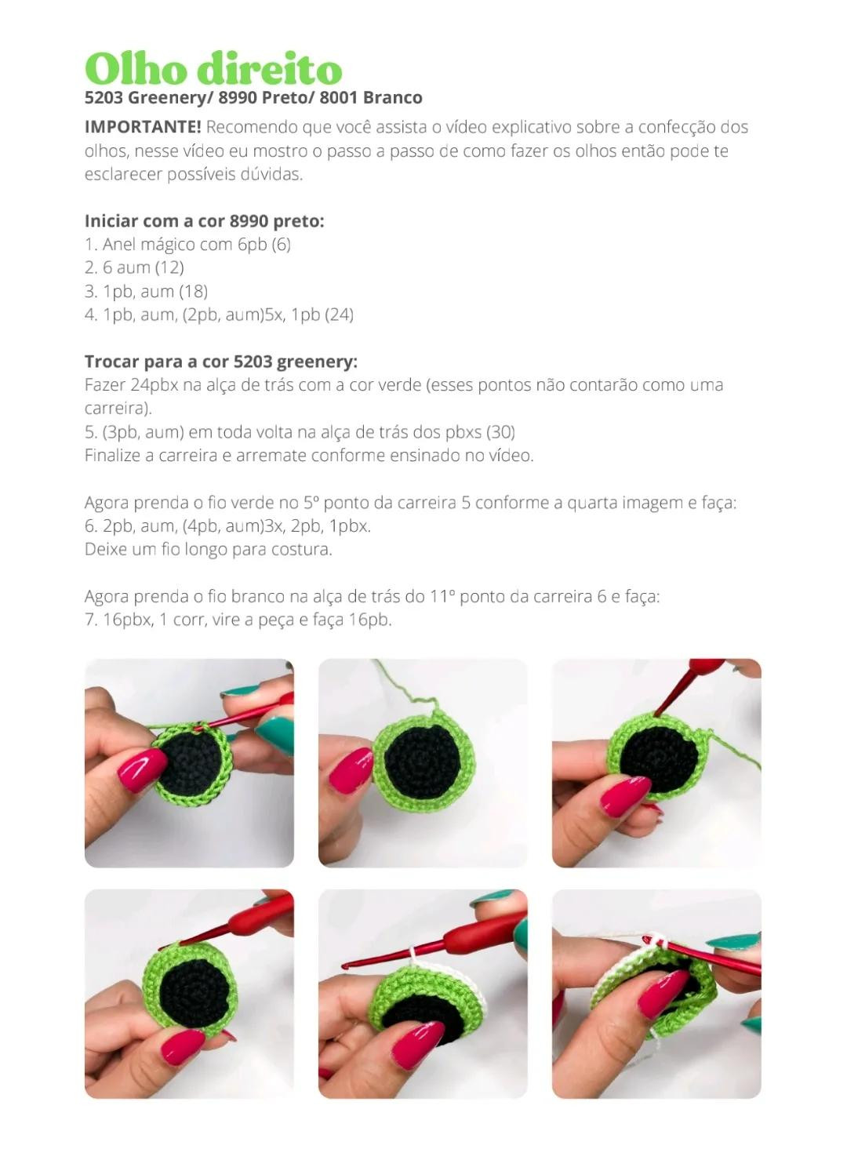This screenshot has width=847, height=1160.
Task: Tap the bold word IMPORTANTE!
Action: (x=143, y=127)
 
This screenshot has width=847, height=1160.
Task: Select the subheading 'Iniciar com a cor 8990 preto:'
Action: (x=204, y=221)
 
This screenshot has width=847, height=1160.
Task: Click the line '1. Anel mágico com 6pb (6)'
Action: (x=187, y=245)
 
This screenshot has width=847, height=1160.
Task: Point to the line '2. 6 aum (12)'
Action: (x=134, y=268)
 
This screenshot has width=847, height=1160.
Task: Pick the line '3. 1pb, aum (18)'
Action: (x=146, y=292)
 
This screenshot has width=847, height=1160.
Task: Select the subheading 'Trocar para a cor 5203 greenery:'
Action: (x=220, y=362)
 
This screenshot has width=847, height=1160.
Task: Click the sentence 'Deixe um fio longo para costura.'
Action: (x=208, y=550)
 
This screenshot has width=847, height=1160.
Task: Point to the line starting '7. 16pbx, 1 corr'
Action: (x=238, y=620)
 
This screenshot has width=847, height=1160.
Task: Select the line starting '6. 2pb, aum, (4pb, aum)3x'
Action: (x=227, y=526)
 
